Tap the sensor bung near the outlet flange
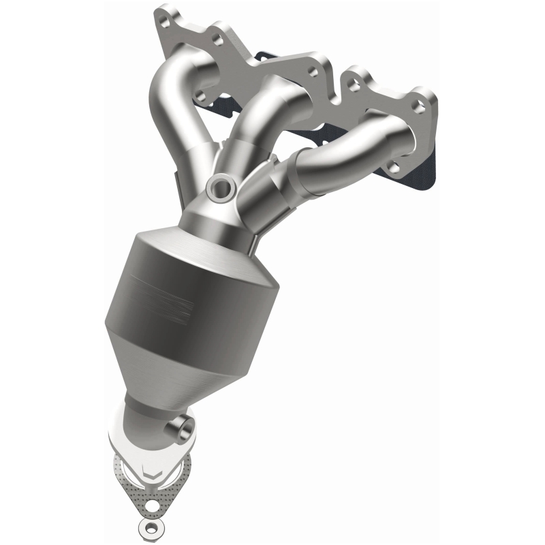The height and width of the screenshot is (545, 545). (x=181, y=428)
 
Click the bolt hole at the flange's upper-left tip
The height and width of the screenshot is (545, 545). (x=162, y=12)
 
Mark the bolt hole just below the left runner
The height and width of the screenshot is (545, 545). (x=201, y=95)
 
